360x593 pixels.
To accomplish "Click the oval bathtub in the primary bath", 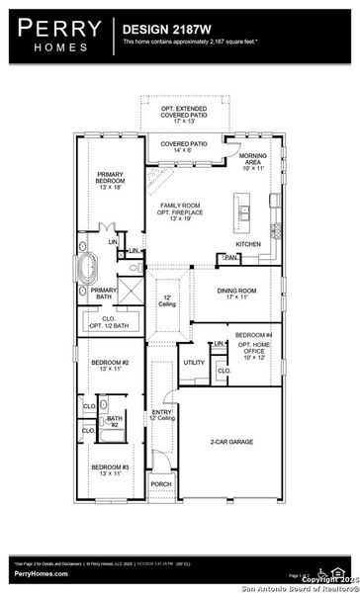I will pos(88,268).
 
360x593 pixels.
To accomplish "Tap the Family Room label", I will pos(182,210).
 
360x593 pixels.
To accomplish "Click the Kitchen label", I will pos(247,243).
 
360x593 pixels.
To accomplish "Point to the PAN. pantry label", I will pos(231,259).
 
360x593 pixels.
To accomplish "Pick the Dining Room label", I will pos(237,293).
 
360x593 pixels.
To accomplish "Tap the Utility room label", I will pos(194,363).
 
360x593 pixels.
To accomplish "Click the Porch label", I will pos(160,484).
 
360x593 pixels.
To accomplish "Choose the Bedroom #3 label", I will pos(110,469).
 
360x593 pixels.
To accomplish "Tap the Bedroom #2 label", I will pos(110,367).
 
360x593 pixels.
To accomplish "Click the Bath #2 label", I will pos(115,421).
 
